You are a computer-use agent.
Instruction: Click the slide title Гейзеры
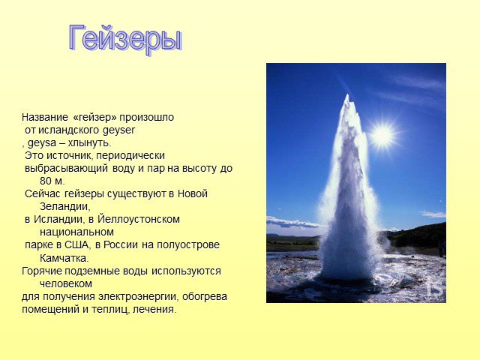pyautogui.click(x=125, y=39)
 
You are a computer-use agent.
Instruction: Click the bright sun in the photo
pyautogui.click(x=382, y=135)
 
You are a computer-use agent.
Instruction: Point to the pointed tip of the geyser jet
pyautogui.click(x=347, y=95)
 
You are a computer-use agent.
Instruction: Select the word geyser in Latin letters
pyautogui.click(x=118, y=130)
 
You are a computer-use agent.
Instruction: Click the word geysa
pyautogui.click(x=42, y=143)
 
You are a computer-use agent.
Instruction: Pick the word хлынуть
pyautogui.click(x=88, y=143)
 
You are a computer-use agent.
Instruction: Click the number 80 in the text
pyautogui.click(x=46, y=181)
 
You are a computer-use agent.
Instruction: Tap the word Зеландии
pyautogui.click(x=64, y=207)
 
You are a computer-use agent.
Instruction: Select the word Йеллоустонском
pyautogui.click(x=139, y=219)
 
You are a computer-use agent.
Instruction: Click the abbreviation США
pyautogui.click(x=76, y=245)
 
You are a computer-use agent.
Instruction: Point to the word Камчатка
pyautogui.click(x=63, y=258)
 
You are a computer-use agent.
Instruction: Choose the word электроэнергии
pyautogui.click(x=140, y=297)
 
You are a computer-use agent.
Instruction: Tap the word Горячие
pyautogui.click(x=40, y=271)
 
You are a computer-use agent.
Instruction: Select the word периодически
pyautogui.click(x=130, y=156)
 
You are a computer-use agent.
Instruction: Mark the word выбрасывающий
pyautogui.click(x=67, y=169)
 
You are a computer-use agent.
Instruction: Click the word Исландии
pyautogui.click(x=58, y=220)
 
